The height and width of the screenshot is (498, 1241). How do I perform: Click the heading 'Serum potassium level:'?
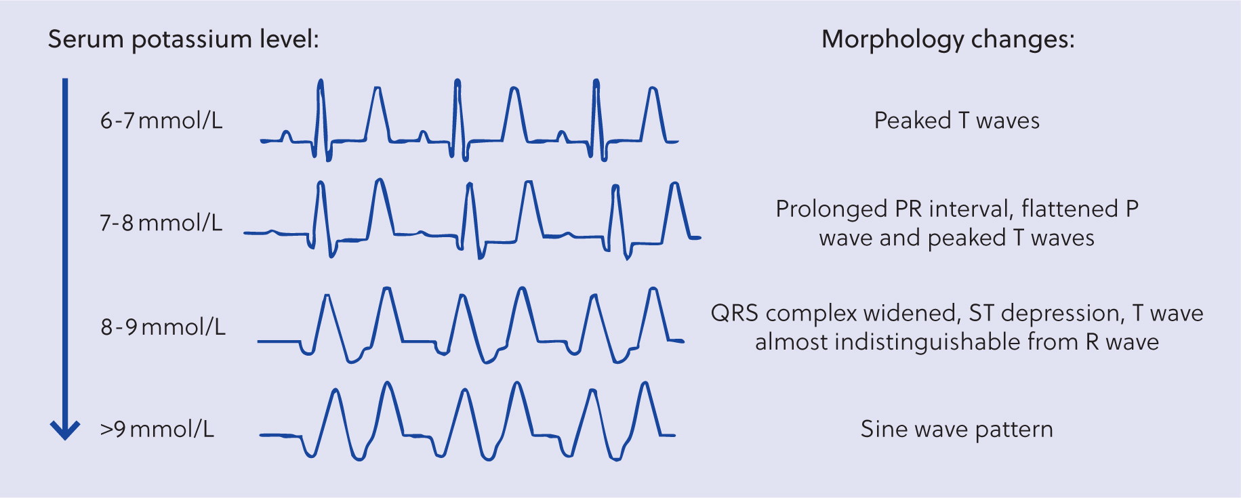click(183, 39)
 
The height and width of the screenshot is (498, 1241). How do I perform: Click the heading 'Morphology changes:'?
click(948, 39)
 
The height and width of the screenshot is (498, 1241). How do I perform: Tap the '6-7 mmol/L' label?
click(161, 121)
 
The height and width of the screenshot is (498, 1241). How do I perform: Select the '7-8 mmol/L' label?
click(161, 223)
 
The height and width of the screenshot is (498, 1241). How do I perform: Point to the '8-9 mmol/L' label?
click(163, 327)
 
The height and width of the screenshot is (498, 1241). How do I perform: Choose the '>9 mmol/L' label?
click(157, 429)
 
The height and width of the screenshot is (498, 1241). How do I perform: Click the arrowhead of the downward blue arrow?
click(66, 431)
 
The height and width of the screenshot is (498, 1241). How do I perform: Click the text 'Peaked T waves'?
click(956, 121)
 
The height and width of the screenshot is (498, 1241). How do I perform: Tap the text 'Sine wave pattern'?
click(956, 429)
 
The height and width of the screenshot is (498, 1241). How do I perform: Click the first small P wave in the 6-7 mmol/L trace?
click(287, 136)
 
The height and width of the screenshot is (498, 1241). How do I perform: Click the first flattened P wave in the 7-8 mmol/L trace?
click(272, 232)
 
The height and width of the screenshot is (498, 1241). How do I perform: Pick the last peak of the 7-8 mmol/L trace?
click(674, 185)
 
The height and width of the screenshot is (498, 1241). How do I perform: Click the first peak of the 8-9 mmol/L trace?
click(328, 296)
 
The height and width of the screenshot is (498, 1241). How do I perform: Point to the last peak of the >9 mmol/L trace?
click(645, 385)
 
